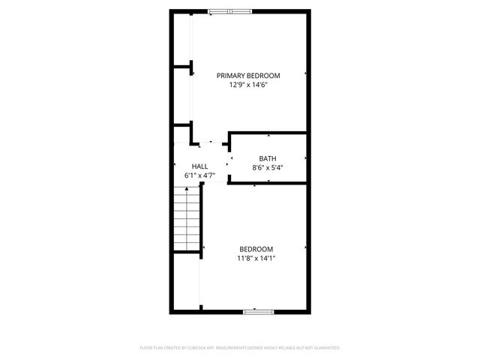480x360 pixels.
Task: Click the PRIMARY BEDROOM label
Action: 248,75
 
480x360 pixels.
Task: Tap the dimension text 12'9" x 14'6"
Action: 248,85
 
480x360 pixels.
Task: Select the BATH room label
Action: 268,158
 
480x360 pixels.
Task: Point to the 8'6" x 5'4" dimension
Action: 268,168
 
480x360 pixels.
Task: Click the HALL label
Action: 199,166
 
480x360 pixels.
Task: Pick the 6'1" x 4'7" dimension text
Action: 199,175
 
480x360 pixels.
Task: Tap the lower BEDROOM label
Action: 256,249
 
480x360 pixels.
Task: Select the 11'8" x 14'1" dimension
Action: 256,259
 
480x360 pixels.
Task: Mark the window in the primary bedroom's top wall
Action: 230,11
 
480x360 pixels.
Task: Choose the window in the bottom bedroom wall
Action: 255,310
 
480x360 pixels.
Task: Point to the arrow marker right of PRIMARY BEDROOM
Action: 306,73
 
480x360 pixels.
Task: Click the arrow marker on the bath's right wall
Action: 306,158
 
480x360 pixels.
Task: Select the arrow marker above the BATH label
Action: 268,136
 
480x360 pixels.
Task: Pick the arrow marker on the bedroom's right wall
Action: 306,248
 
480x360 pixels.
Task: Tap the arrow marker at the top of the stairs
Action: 186,190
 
